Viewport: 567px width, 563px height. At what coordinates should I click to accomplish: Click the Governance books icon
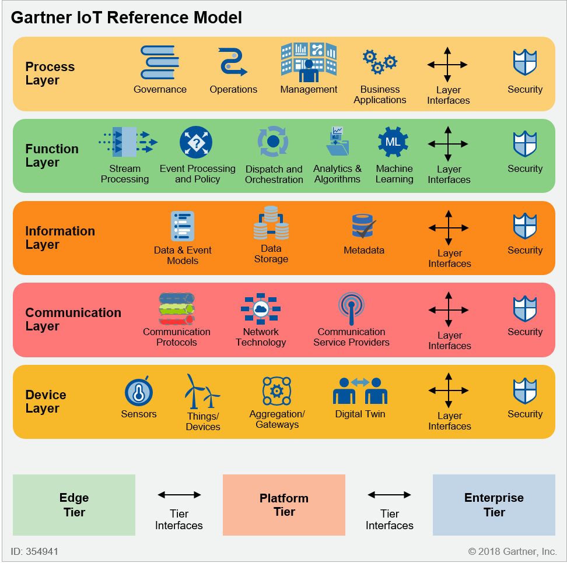click(159, 62)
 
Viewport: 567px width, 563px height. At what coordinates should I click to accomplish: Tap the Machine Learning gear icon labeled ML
click(393, 142)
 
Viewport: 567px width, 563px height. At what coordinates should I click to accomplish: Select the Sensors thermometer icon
click(139, 392)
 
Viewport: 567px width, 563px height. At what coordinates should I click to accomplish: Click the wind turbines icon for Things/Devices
click(202, 392)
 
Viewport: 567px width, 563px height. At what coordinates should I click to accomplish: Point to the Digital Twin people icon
click(360, 390)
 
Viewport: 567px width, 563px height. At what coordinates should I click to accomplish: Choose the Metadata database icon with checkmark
click(364, 226)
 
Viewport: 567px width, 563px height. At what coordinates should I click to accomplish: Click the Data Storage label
click(271, 254)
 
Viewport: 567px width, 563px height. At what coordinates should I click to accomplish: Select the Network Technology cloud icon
click(261, 309)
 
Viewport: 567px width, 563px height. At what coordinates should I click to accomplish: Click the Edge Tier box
click(74, 505)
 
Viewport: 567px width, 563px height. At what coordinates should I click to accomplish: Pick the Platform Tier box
click(284, 505)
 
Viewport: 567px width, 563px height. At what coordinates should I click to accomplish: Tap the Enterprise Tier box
click(494, 505)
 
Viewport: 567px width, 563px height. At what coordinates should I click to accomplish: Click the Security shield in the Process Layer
click(524, 62)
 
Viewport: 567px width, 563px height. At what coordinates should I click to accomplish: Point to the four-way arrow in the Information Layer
click(449, 228)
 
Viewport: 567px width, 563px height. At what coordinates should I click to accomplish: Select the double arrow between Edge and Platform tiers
click(179, 495)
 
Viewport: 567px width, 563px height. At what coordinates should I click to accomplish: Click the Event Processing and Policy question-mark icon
click(196, 142)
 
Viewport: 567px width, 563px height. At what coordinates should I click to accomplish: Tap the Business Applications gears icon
click(380, 61)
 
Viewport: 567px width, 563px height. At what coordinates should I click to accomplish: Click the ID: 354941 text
click(34, 551)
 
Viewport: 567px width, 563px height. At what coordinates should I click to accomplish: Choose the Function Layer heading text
click(52, 156)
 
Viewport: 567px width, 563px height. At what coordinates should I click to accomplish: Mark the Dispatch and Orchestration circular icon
click(273, 142)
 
